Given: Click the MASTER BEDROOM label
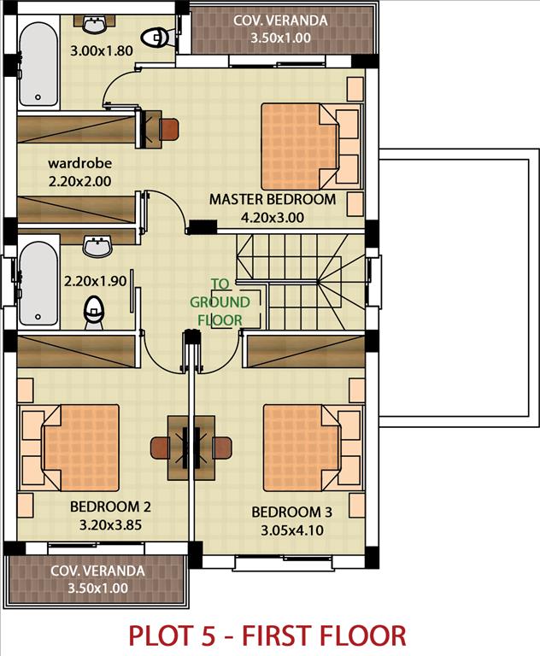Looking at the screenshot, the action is pos(273,199).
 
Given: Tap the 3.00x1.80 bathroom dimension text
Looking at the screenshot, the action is pos(102,50).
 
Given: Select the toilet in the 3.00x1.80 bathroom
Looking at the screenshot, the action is pos(156,38).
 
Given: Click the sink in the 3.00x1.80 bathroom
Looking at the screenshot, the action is pos(95,24).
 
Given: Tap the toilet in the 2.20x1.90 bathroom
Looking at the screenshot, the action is pos(94,312).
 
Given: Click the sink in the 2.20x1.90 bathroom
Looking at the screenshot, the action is pos(97,246).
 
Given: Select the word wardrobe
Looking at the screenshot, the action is pos(80,163).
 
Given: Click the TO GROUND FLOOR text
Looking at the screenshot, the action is pos(220,302).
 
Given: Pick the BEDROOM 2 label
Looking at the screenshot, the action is pos(110,507).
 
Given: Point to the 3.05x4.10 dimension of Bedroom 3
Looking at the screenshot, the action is pos(292,530).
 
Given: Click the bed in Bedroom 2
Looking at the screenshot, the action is pos(80,448).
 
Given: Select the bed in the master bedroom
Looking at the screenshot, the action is pos(300,146).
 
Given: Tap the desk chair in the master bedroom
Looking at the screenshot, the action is pos(169,129).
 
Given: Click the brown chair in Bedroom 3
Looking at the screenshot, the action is pos(222,448).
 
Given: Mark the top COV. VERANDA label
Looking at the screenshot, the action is pos(280,20).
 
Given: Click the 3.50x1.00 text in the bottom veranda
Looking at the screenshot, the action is pos(98,588).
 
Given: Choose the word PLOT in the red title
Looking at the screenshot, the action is pos(172,635).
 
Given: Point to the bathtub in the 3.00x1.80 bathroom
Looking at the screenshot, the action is pos(38,64).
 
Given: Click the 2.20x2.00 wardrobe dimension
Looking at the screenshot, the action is pos(80,182).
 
